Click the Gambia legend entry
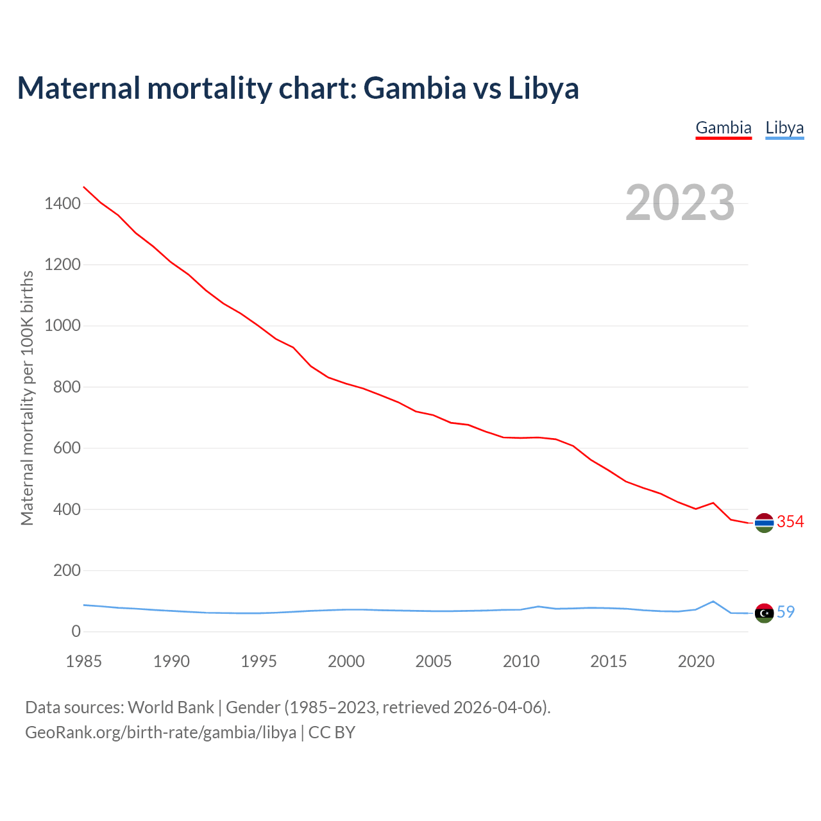[724, 128]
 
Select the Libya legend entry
[784, 128]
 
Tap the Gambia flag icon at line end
[764, 523]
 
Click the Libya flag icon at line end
[764, 613]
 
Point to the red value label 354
[790, 522]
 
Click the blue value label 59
[786, 613]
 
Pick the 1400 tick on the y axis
[62, 204]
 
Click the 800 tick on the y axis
[67, 387]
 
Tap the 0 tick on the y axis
[76, 632]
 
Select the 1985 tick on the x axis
[84, 661]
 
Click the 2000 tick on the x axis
[346, 661]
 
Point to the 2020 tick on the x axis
[696, 661]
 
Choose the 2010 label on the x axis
[521, 661]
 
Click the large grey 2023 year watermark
[680, 203]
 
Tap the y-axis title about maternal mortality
[27, 398]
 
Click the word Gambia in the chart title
[415, 88]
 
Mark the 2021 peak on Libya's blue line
[713, 602]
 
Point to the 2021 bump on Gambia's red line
[713, 503]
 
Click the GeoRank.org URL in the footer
[160, 732]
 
